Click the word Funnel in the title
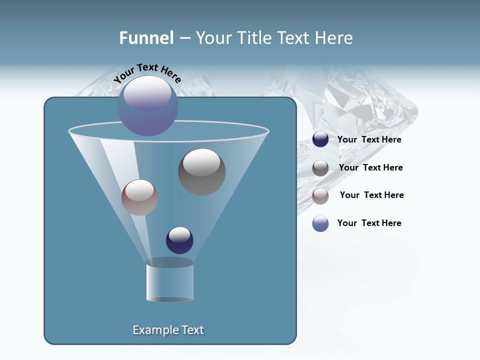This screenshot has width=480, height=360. (x=146, y=38)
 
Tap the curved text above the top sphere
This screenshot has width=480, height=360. (x=147, y=73)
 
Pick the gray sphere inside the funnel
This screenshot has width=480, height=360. (x=202, y=172)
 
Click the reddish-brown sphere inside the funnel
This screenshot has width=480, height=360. (x=139, y=198)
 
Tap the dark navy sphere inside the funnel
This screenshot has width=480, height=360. (x=179, y=240)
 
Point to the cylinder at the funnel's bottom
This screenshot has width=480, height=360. (x=170, y=281)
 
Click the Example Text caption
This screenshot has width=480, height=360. (x=168, y=330)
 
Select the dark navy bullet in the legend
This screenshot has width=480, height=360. (x=320, y=139)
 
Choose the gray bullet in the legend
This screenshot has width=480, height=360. (x=320, y=168)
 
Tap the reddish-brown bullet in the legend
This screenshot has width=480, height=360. (x=320, y=196)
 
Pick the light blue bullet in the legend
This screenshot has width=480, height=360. (x=320, y=223)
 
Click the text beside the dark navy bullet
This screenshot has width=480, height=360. (x=369, y=140)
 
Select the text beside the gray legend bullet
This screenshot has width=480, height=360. (x=370, y=168)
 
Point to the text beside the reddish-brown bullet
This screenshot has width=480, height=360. (x=371, y=195)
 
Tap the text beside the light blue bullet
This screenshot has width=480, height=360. (x=369, y=223)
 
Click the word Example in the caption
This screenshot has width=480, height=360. (x=151, y=330)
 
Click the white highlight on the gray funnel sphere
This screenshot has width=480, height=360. (x=201, y=162)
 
